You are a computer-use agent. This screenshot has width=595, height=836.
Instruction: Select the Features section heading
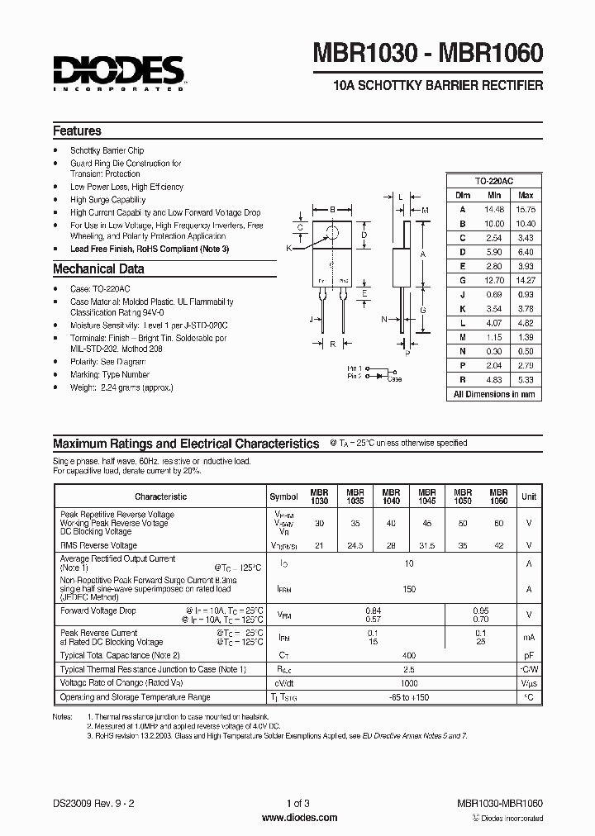(x=77, y=131)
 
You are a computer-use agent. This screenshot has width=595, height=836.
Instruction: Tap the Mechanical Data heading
(x=98, y=268)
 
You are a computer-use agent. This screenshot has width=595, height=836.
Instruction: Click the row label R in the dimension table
(x=462, y=379)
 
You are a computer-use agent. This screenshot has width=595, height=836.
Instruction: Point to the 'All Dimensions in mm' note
(x=494, y=394)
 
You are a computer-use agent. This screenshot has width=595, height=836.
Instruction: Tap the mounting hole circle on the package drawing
(x=331, y=232)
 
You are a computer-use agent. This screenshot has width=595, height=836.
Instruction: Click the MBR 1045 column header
(x=426, y=496)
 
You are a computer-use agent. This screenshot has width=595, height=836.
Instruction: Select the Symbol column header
(x=283, y=496)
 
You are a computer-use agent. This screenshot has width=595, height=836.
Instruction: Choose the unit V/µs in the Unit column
(x=528, y=683)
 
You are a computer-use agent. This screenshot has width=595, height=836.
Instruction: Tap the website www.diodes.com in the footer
(x=298, y=818)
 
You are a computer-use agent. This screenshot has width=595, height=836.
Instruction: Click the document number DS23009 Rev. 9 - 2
(x=93, y=804)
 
